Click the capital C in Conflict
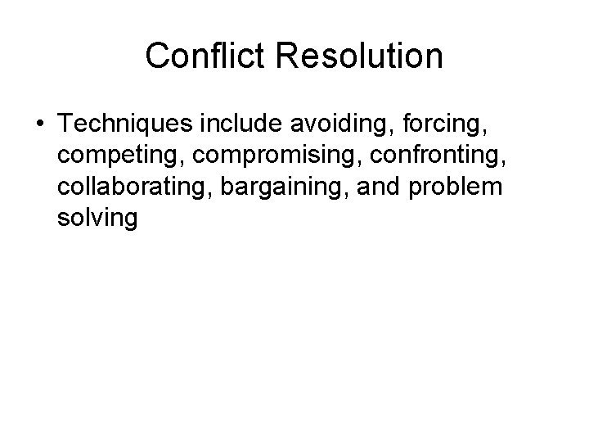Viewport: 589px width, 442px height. [157, 56]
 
